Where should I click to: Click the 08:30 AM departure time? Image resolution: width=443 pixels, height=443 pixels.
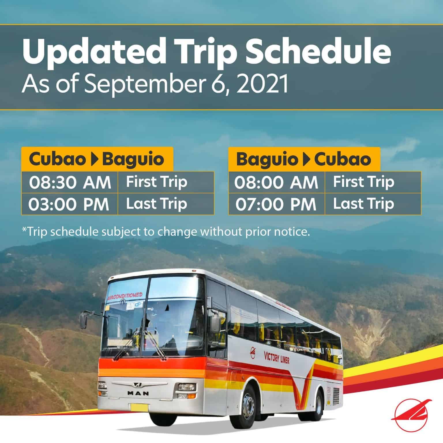(70, 182)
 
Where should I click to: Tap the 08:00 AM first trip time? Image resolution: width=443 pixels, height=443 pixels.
(276, 182)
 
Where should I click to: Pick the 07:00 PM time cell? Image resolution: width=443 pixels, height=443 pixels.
(276, 204)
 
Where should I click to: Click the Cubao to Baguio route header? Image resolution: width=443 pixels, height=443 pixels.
(97, 159)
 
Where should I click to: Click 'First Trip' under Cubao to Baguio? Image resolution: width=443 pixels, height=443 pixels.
(157, 182)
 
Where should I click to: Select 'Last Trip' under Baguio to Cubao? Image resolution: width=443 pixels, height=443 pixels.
(364, 204)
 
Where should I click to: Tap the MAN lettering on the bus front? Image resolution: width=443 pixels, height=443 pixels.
(138, 393)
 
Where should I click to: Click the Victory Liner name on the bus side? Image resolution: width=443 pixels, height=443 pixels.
(277, 358)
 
